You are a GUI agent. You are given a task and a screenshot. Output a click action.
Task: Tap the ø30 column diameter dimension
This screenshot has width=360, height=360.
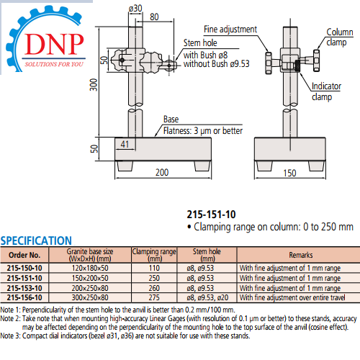pos(136,8)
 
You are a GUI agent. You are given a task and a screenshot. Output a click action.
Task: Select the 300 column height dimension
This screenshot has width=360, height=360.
pos(93,85)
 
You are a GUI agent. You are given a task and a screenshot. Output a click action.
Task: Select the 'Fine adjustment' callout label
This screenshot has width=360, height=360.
pos(230,30)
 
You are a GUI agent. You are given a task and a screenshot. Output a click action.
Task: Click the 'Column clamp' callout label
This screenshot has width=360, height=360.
pos(339,37)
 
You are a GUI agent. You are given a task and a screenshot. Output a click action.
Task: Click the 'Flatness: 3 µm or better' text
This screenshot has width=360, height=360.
pos(203,131)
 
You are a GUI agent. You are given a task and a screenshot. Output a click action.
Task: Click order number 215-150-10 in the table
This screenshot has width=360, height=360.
pos(24,267)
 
